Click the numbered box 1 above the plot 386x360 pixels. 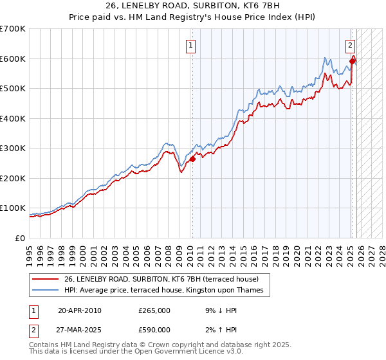coord(192,45)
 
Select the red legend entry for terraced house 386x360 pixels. coord(161,279)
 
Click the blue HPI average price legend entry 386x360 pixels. coord(163,290)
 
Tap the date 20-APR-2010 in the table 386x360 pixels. coord(79,310)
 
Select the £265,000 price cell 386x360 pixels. coord(154,310)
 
